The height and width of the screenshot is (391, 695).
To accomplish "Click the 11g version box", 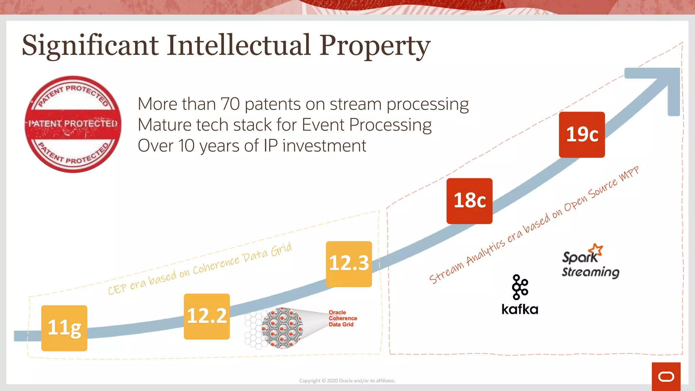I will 64,328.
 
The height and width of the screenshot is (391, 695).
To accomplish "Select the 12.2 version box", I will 207,316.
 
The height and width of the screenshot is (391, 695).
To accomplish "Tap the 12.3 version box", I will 349,264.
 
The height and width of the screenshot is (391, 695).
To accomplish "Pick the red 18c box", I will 469,201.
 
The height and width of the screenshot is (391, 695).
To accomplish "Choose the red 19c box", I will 582,135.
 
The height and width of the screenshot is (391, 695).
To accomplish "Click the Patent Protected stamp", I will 73,124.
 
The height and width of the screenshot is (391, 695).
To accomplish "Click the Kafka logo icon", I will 520,287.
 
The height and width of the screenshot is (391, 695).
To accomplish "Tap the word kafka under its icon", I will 520,310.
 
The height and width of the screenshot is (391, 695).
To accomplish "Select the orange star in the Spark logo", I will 596,250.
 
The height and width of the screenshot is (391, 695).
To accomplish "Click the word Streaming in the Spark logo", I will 590,273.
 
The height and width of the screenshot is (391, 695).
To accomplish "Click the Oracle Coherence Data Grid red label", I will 342,318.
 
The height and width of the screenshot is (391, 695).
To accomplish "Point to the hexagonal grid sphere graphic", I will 282,328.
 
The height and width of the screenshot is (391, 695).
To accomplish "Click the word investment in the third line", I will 324,146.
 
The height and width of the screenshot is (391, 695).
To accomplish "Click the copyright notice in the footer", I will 347,381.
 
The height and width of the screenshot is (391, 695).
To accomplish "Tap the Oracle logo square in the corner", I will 666,376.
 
